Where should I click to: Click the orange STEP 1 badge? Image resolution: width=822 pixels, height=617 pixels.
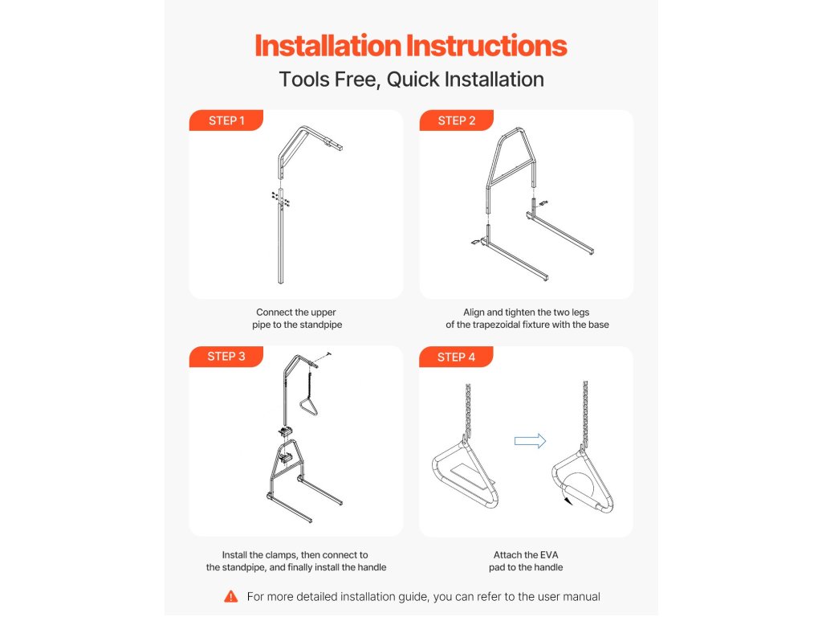[x=226, y=121]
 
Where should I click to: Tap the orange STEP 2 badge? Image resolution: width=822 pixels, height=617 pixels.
[x=456, y=121]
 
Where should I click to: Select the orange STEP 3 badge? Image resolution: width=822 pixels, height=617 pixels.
[x=226, y=356]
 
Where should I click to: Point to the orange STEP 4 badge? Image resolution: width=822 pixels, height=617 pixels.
[x=456, y=357]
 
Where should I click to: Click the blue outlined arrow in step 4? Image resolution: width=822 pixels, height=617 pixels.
[x=530, y=441]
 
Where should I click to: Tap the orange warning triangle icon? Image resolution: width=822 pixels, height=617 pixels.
[x=230, y=597]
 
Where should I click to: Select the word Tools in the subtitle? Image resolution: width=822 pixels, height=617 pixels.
[x=303, y=80]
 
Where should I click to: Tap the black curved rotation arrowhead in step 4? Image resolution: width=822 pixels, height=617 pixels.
[x=568, y=501]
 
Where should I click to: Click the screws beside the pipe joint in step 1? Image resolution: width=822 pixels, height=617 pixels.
[x=280, y=199]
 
